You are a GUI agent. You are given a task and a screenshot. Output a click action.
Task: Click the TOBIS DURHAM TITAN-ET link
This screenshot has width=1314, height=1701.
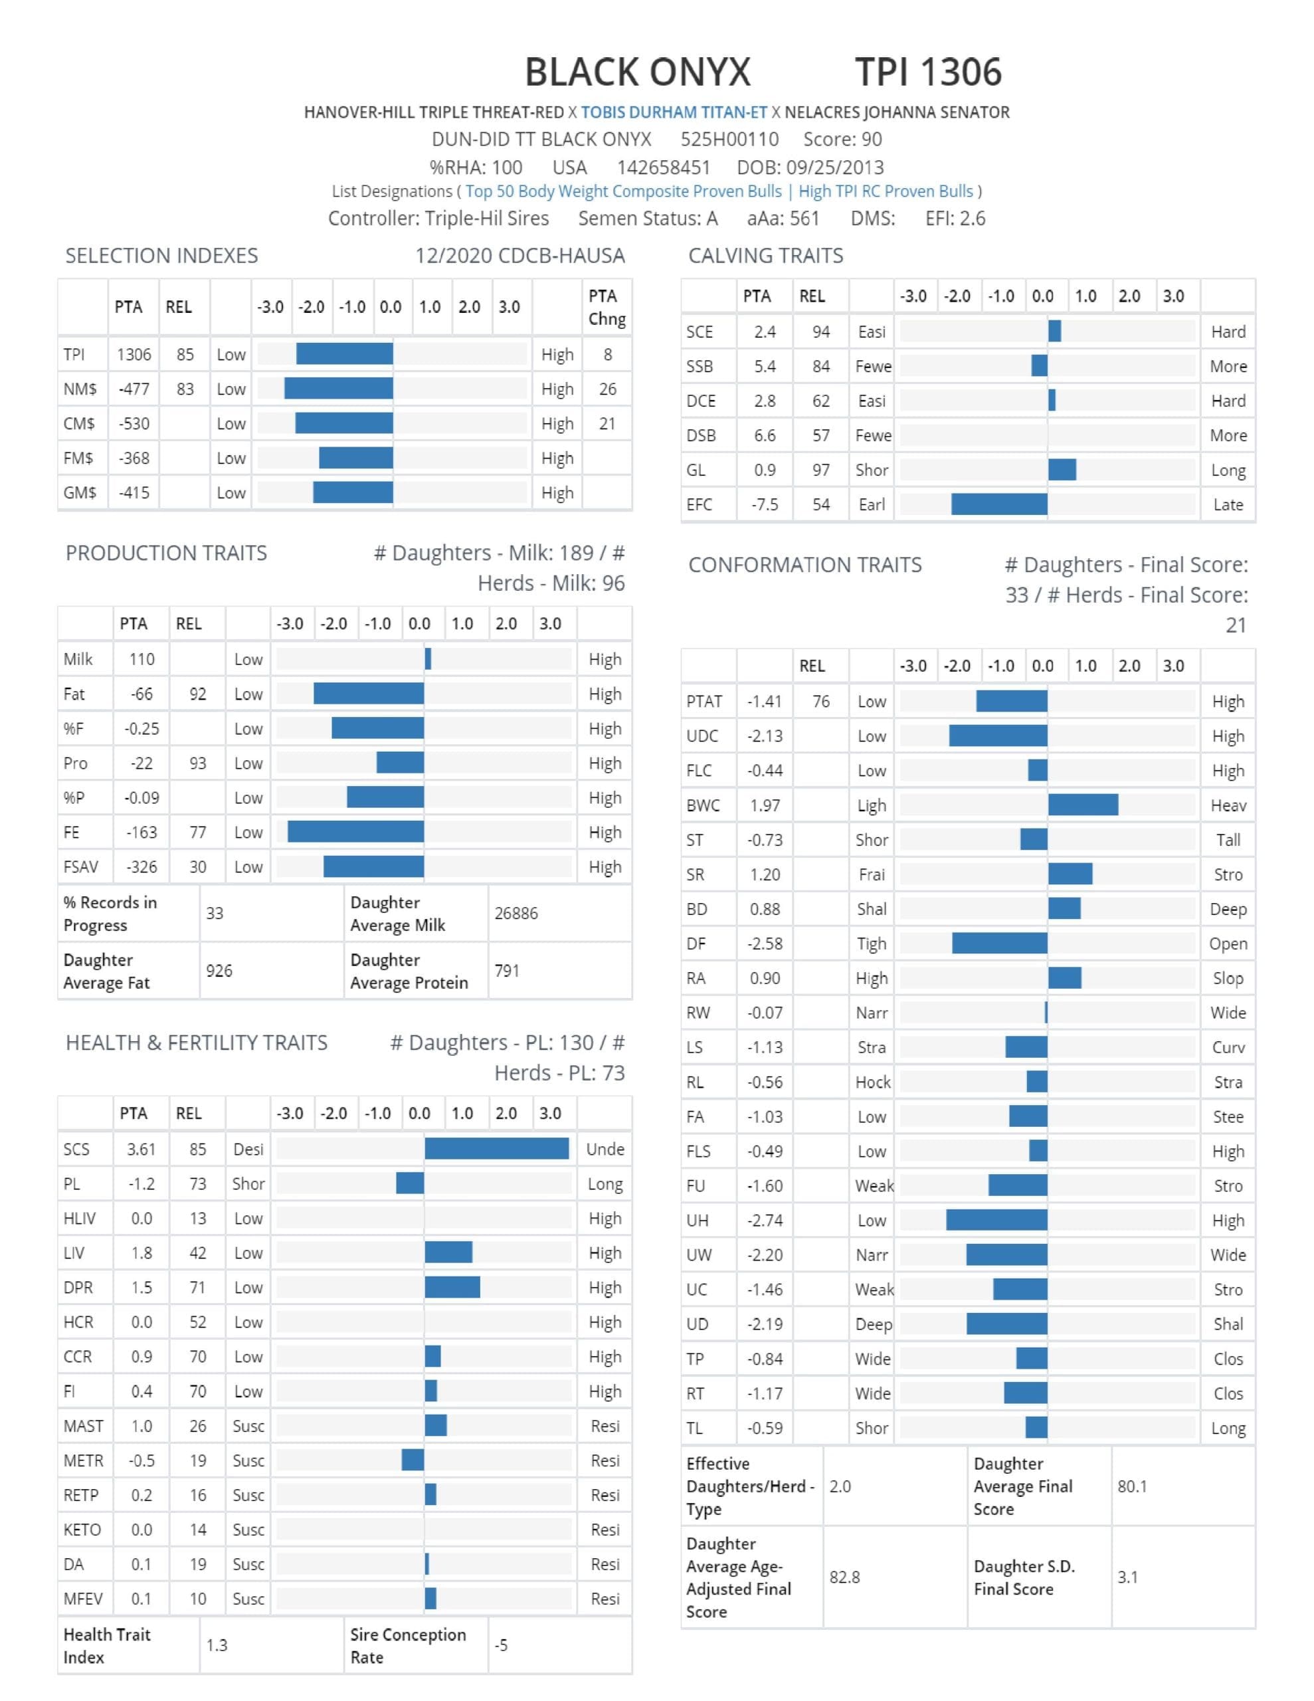click(x=674, y=112)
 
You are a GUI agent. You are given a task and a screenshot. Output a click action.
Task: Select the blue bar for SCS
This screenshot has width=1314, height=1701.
click(x=496, y=1149)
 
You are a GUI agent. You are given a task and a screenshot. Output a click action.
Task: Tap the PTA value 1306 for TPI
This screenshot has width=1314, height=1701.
click(x=134, y=354)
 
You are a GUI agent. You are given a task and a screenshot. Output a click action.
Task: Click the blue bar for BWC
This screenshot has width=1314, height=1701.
click(x=1083, y=805)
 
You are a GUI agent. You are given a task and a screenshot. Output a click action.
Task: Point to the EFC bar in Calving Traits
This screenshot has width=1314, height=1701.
click(x=999, y=504)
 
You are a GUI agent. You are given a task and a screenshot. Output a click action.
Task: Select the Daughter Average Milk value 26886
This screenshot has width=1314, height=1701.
click(x=516, y=913)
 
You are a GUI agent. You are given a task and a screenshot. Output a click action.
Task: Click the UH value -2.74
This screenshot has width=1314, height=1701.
click(x=764, y=1221)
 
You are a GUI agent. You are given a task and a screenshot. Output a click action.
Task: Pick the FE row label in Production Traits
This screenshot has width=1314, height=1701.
click(x=72, y=832)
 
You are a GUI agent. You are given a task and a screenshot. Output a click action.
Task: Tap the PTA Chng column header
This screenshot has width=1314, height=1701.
click(x=607, y=307)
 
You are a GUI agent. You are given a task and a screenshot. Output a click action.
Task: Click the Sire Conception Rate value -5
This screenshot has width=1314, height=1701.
click(x=501, y=1645)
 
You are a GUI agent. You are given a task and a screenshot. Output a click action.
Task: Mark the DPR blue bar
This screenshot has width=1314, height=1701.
click(x=452, y=1286)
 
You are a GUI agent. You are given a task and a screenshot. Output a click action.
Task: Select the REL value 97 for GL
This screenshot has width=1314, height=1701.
click(x=821, y=470)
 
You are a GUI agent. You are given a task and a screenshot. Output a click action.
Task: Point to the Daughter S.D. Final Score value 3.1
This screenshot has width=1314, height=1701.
click(x=1127, y=1577)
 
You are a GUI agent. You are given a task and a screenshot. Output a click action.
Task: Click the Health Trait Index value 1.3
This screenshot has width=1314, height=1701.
click(x=217, y=1645)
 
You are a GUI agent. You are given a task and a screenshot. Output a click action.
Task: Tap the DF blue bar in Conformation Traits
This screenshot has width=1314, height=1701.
click(x=999, y=943)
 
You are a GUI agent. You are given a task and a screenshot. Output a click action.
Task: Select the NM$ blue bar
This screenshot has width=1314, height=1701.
click(x=338, y=389)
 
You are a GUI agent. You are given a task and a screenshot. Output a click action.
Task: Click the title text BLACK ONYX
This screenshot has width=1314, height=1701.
click(x=637, y=72)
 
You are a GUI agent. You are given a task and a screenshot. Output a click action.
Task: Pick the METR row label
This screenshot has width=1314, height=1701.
click(x=83, y=1460)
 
